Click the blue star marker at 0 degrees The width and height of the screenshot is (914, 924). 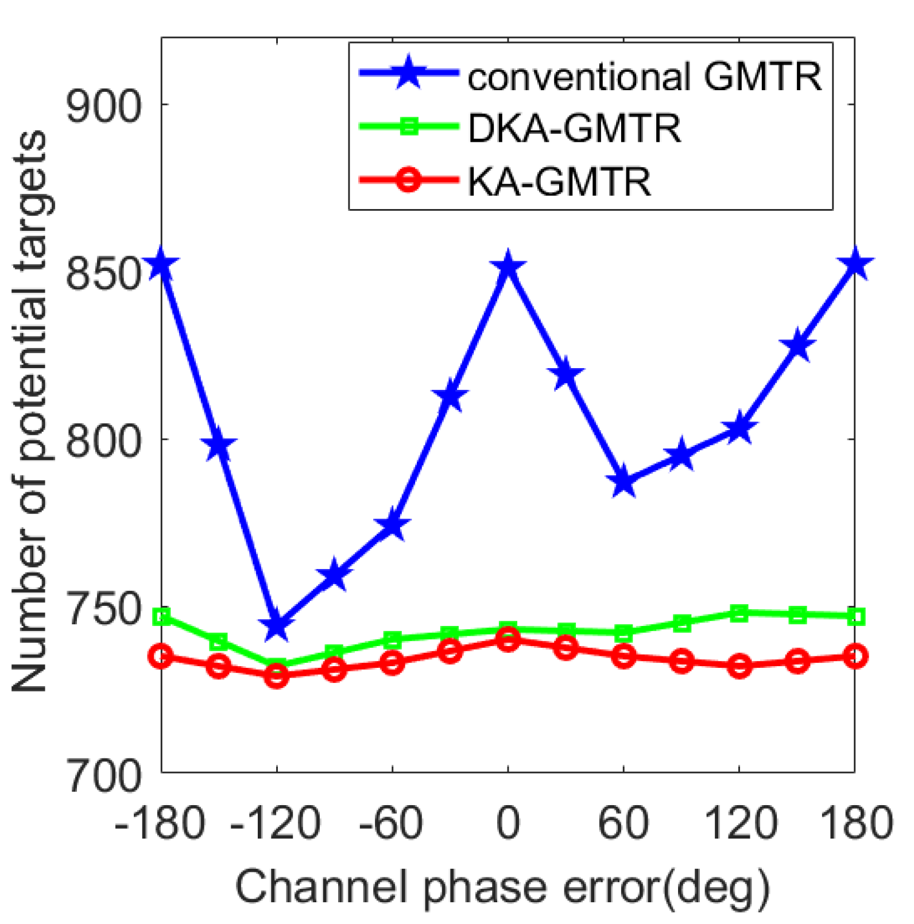pos(508,268)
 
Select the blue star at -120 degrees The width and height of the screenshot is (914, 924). pos(277,626)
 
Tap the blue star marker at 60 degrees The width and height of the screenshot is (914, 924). pos(623,483)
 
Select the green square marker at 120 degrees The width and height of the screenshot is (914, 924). pos(739,613)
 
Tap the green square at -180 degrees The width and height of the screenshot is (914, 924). pos(162,617)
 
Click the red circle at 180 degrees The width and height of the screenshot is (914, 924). pos(855,656)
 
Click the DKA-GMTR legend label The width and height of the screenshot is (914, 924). pos(574,127)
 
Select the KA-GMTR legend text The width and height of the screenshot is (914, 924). pos(559,181)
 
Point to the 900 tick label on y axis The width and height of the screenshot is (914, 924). pos(103,106)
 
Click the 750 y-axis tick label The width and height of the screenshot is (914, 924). pos(103,609)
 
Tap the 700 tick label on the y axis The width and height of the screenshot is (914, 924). pos(103,776)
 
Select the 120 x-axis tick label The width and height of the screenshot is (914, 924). pos(739,822)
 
